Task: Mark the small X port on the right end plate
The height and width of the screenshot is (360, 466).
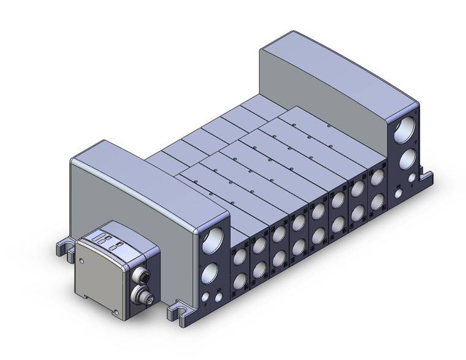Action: pyautogui.click(x=399, y=193)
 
